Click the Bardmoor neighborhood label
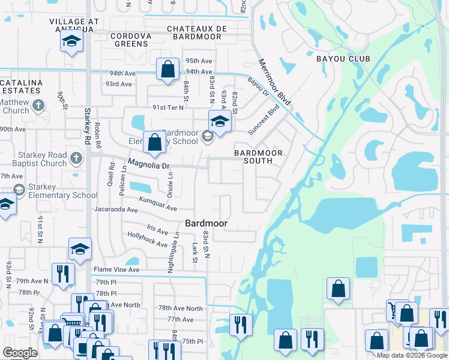point(206,223)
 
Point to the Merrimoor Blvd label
point(275,82)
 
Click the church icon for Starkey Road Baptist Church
point(76,158)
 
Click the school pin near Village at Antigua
point(71,42)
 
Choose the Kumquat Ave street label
point(158,204)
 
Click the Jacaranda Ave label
point(116,210)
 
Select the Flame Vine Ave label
point(115,270)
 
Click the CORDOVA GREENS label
point(130,40)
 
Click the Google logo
point(20,353)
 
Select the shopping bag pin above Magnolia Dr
point(155,143)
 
